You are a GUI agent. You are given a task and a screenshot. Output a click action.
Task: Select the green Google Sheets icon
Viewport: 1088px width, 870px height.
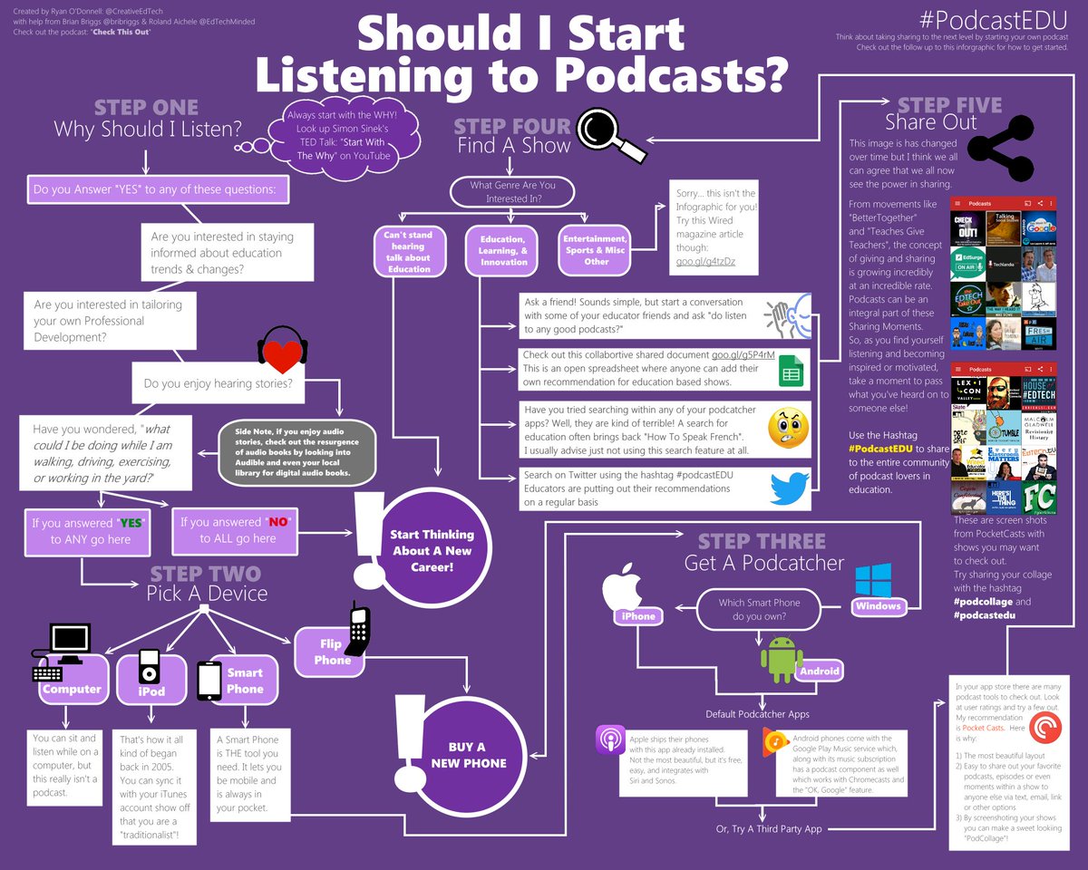(790, 372)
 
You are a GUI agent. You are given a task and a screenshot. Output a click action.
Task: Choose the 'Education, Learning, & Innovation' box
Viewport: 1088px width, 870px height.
(505, 249)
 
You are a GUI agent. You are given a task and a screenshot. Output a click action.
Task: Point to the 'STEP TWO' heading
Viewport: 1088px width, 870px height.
(205, 575)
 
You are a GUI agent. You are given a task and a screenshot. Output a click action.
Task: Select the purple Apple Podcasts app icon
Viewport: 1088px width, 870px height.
(610, 739)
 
